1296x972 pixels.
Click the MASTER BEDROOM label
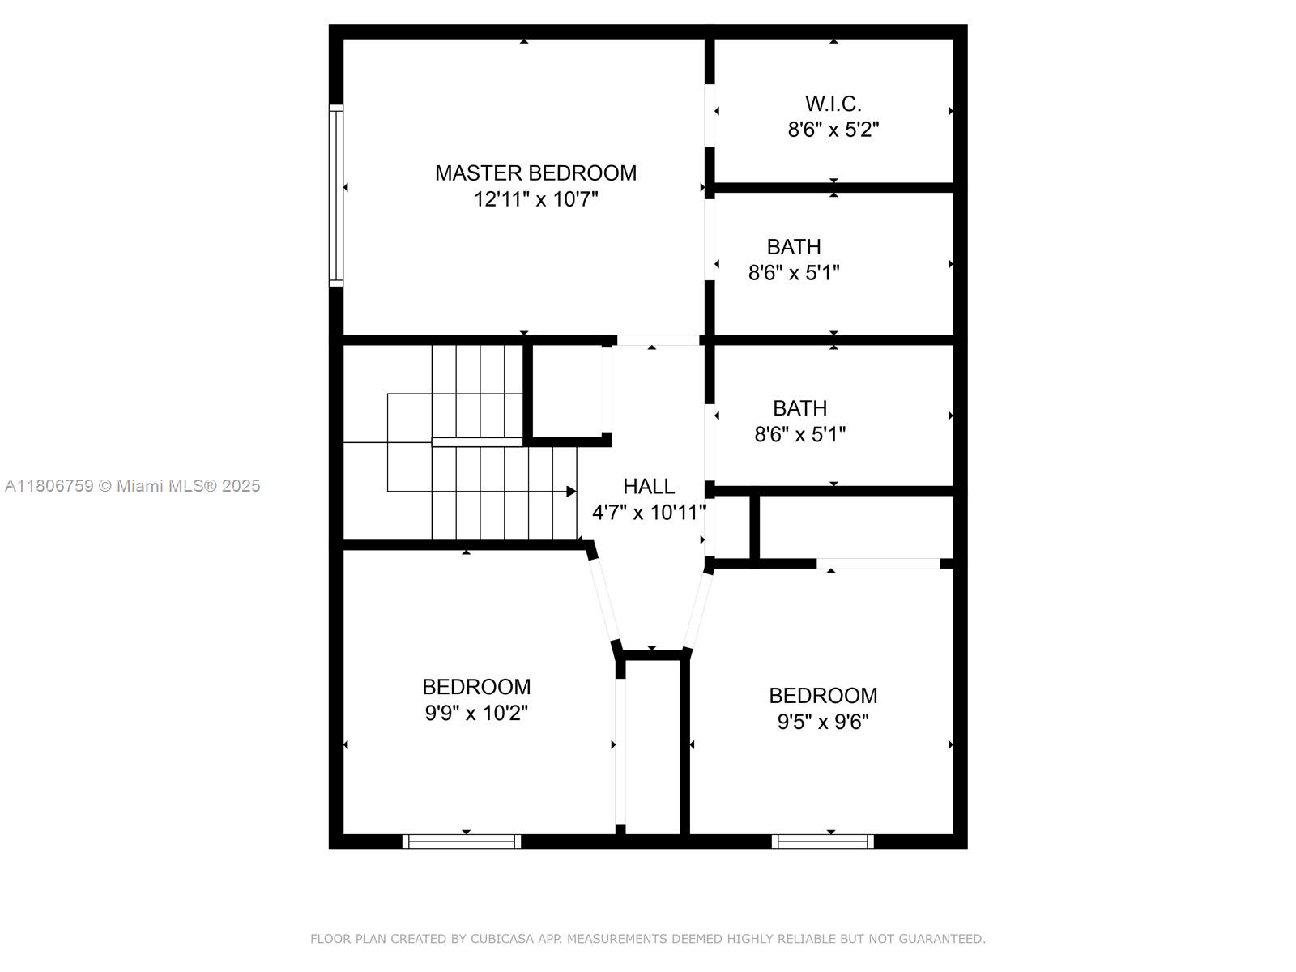(535, 173)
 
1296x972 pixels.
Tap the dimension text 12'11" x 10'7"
(535, 199)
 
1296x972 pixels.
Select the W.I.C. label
(833, 104)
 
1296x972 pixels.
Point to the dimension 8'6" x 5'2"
(833, 130)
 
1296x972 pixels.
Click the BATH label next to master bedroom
(794, 246)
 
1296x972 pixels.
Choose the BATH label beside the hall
(799, 408)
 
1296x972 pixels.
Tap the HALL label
(648, 486)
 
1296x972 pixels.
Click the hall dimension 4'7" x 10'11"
(648, 513)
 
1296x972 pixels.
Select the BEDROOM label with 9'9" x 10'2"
(476, 687)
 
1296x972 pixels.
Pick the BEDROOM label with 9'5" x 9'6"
(823, 696)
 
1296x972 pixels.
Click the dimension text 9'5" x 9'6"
(823, 722)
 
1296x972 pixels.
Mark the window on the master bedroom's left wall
(335, 194)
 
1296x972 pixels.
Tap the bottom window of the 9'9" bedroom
(462, 842)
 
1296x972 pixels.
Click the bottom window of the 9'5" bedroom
(823, 842)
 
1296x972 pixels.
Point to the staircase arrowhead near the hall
(571, 492)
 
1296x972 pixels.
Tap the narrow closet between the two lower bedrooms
(652, 745)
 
